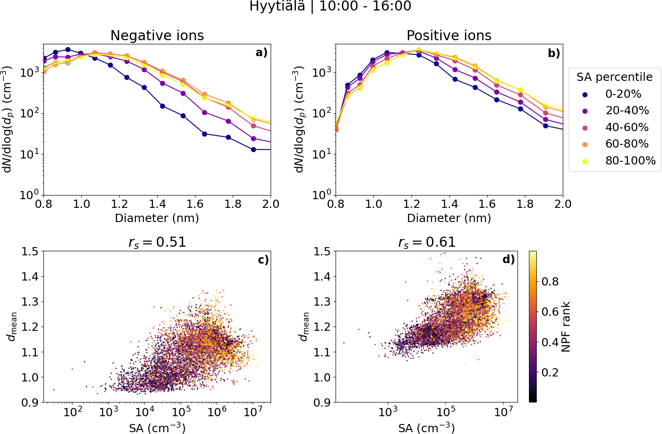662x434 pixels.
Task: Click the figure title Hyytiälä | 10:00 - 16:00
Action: pyautogui.click(x=330, y=6)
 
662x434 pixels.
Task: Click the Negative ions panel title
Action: pyautogui.click(x=157, y=36)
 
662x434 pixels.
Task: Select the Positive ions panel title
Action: pyautogui.click(x=449, y=36)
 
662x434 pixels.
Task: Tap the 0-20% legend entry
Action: pyautogui.click(x=623, y=94)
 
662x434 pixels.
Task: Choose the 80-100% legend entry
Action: pyautogui.click(x=630, y=161)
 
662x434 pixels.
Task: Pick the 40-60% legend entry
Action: pyautogui.click(x=627, y=127)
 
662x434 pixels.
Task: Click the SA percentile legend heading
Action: pyautogui.click(x=614, y=77)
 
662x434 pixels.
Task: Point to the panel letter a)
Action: pyautogui.click(x=261, y=53)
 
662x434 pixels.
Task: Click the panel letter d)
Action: pyautogui.click(x=508, y=259)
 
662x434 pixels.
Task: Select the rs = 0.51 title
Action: pyautogui.click(x=157, y=242)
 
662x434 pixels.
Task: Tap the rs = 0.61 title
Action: pyautogui.click(x=427, y=242)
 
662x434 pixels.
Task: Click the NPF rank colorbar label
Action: pyautogui.click(x=566, y=327)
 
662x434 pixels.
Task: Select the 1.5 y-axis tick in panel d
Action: pyautogui.click(x=322, y=251)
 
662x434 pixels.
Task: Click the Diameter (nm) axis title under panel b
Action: pyautogui.click(x=449, y=218)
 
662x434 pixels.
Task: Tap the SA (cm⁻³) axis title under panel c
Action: pyautogui.click(x=157, y=428)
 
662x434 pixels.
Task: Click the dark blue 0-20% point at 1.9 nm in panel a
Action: pyautogui.click(x=253, y=149)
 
